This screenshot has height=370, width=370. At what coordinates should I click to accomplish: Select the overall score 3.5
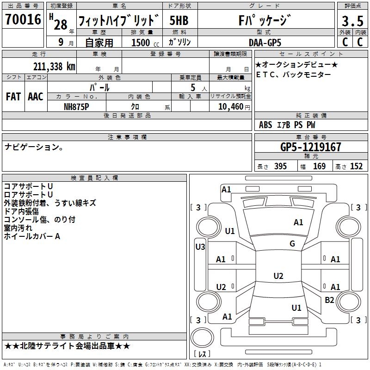(352, 21)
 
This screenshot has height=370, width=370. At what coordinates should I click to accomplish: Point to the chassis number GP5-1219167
(311, 147)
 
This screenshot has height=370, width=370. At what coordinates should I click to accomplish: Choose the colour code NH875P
(77, 106)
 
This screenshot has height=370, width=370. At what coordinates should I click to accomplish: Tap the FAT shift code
(13, 96)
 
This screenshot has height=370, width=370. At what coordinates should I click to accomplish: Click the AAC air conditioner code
(36, 96)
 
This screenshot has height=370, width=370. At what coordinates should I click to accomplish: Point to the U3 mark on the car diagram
(200, 247)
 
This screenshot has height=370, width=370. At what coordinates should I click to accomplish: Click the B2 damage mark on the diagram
(329, 300)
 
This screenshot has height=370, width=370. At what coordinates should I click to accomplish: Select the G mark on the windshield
(292, 244)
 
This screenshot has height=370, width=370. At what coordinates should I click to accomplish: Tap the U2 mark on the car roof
(278, 276)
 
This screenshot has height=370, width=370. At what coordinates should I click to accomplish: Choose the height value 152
(356, 166)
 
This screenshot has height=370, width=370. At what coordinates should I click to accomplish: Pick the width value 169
(320, 166)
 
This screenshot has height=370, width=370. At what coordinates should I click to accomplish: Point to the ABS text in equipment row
(265, 125)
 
